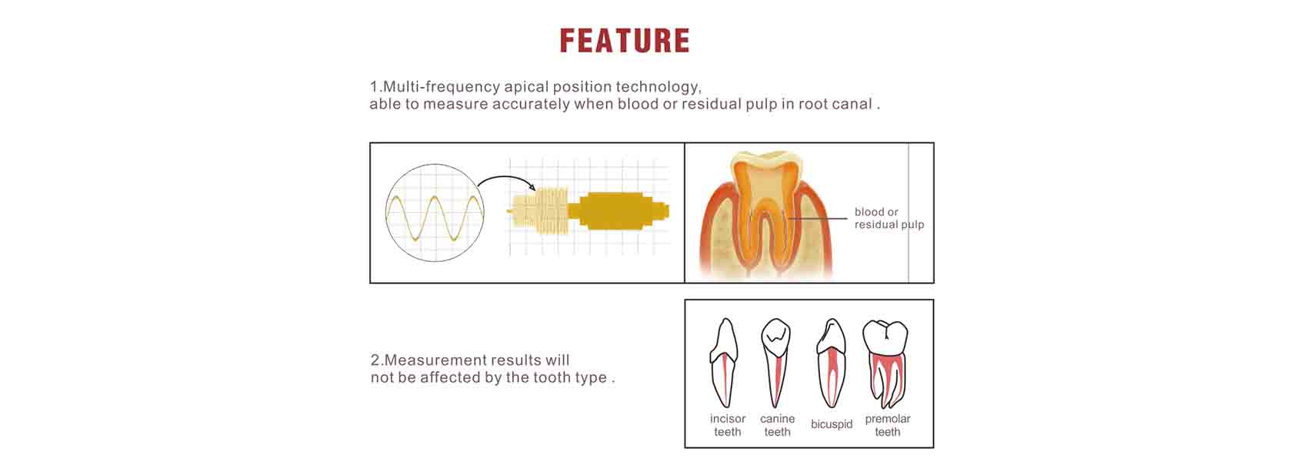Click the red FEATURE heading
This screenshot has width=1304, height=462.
coord(625,41)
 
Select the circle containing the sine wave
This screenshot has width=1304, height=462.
coord(435,213)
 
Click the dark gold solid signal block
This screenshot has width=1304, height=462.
coord(619,211)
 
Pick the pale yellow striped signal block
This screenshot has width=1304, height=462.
coord(538,211)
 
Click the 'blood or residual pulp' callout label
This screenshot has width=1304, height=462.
coord(889,219)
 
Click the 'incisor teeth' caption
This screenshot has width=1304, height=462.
coord(728,425)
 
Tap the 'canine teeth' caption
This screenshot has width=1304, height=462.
coord(777,425)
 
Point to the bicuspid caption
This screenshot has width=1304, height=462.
coord(832,425)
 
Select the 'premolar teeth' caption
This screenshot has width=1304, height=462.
coord(887,425)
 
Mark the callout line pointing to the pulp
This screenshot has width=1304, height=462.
coord(817,219)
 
